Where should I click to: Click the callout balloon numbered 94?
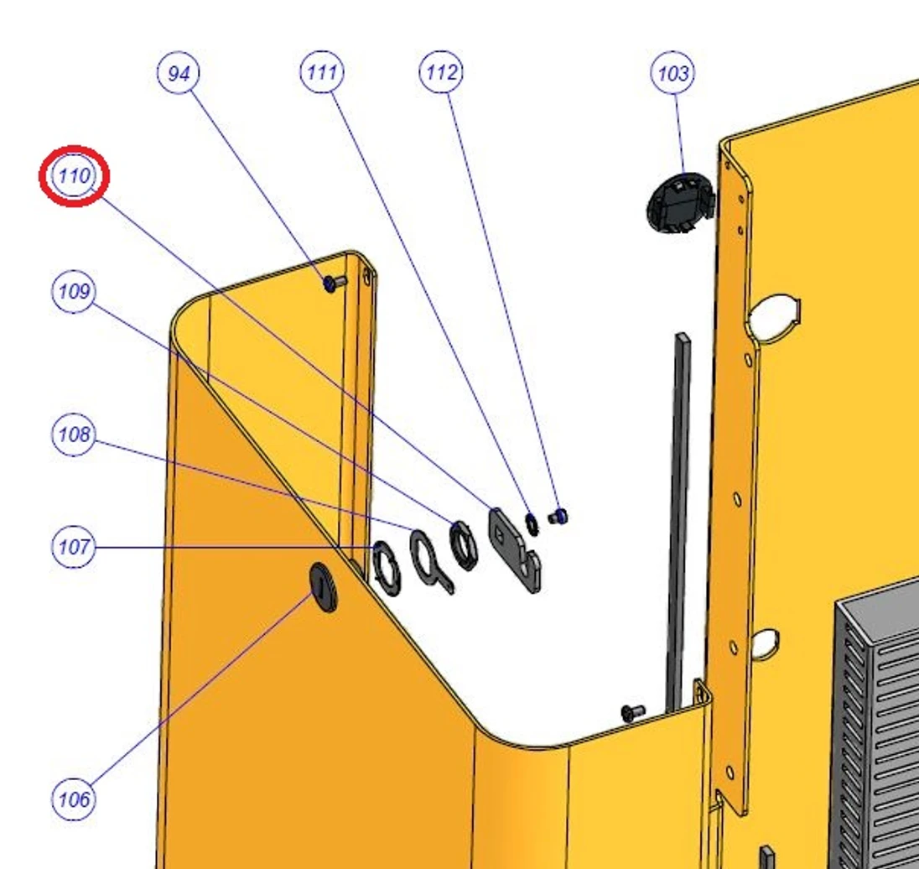[179, 73]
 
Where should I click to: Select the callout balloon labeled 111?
[322, 72]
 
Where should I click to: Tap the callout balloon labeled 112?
[441, 72]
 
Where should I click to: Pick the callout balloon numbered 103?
[672, 73]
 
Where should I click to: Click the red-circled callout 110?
[75, 176]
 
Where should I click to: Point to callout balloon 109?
[74, 291]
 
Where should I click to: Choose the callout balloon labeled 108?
[74, 434]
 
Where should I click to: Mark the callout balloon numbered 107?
[74, 547]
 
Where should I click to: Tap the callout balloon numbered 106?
[74, 799]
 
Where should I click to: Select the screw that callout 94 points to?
[335, 284]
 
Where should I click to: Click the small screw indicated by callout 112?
[558, 517]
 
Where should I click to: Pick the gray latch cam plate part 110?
[515, 549]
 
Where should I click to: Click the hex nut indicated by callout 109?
[463, 545]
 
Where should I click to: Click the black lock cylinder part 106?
[324, 587]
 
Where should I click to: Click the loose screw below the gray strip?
[633, 712]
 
